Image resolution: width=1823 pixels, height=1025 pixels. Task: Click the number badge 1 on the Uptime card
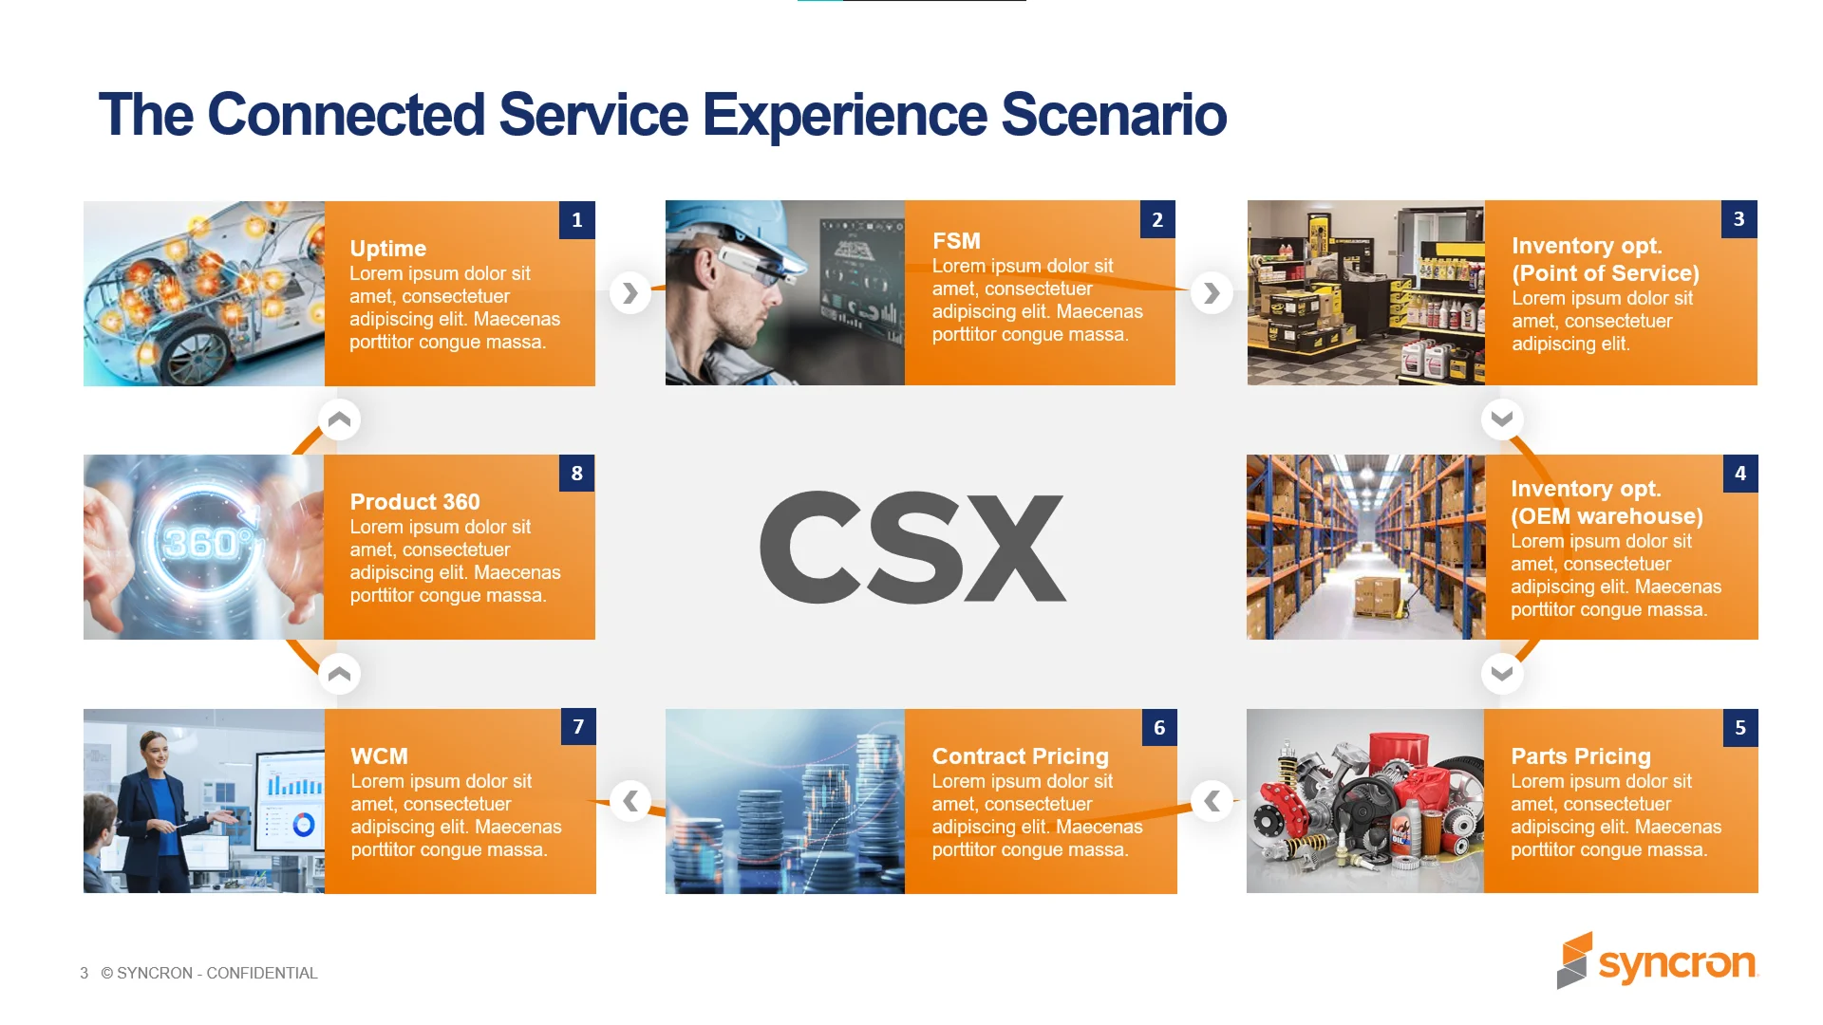click(x=576, y=220)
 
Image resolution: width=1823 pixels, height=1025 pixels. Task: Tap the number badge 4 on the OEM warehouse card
click(x=1739, y=474)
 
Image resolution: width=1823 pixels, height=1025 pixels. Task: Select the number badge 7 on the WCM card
click(x=578, y=727)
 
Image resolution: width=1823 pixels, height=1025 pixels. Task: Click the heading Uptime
click(x=387, y=249)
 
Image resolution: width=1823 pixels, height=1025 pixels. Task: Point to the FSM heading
click(x=955, y=241)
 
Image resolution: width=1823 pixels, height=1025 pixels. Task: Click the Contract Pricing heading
click(x=1020, y=756)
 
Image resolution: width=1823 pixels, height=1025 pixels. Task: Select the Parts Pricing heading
click(x=1580, y=756)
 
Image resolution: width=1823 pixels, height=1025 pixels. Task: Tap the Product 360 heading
click(x=414, y=502)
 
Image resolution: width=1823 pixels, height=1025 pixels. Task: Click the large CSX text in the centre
click(x=911, y=549)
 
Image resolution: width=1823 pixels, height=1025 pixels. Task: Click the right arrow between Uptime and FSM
click(x=630, y=293)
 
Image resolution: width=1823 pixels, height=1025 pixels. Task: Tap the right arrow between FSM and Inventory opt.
click(x=1212, y=293)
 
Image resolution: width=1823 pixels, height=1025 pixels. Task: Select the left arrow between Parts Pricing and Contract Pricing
click(x=1212, y=801)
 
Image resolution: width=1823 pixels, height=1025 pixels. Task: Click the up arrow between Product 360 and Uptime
click(x=339, y=419)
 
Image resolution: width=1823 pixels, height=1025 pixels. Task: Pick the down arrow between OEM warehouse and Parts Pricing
click(x=1501, y=674)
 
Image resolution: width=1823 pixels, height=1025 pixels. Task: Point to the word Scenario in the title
click(x=1113, y=115)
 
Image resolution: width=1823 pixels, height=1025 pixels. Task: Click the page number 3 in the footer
click(x=84, y=973)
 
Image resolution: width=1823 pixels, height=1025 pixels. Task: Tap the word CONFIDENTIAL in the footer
click(x=261, y=973)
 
